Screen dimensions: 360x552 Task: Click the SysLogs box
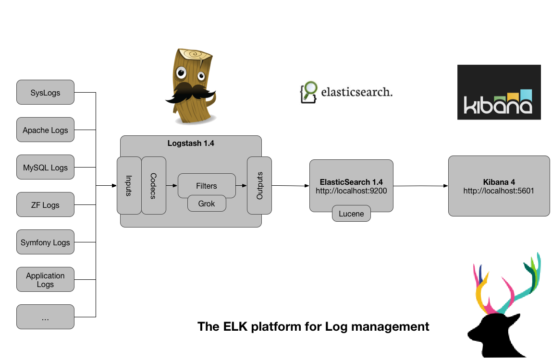pos(45,92)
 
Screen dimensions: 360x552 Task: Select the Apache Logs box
pos(45,130)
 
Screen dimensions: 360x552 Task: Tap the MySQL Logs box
pos(45,167)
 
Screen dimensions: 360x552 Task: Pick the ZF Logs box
pos(45,204)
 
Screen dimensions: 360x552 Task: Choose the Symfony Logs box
pos(45,242)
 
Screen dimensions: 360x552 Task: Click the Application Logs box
pos(45,279)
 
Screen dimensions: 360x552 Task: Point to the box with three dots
pos(45,317)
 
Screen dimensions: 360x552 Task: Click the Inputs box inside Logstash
pos(129,185)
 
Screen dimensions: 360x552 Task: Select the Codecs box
pos(154,185)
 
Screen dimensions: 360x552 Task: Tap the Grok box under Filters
pos(207,204)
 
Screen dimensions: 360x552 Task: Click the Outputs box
pos(259,185)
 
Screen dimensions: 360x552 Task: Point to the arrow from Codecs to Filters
pos(172,185)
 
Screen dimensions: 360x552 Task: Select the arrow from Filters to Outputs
pos(241,185)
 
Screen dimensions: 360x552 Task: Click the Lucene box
pos(351,214)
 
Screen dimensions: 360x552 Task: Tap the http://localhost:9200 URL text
pos(351,191)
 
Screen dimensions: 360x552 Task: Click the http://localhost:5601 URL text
pos(499,191)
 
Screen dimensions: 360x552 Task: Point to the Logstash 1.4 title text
pos(191,143)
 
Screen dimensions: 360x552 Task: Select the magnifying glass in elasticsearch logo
pos(310,89)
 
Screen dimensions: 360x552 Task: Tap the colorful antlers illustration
pos(507,286)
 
